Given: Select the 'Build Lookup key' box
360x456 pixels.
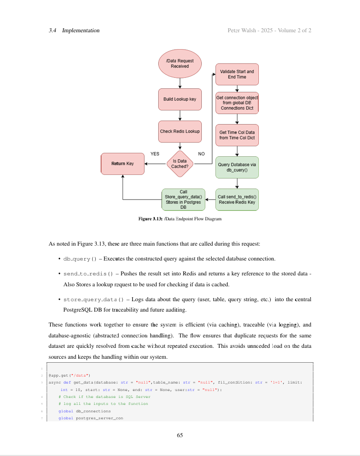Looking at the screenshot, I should pos(180,99).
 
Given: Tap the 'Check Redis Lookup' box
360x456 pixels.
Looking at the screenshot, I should pos(180,131).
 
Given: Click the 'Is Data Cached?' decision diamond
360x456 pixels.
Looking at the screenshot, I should pos(180,164).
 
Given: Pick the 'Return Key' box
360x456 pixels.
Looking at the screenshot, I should pos(122,164).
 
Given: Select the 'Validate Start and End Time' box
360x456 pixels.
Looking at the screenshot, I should pos(237,74).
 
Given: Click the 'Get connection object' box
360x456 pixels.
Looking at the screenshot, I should pos(237,103).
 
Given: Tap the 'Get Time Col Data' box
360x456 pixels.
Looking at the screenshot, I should pos(237,135).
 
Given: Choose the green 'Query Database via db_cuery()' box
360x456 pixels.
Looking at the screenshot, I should pos(237,167).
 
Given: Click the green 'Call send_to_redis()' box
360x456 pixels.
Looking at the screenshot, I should pos(237,199).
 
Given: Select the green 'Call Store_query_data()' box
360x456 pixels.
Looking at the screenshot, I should pos(183,199).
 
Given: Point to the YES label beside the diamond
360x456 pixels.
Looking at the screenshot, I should pos(155,154).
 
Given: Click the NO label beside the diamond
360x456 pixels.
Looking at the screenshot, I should pos(201,154).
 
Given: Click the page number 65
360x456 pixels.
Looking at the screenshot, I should pos(180,435).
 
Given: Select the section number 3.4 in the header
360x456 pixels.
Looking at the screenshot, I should pos(52,31).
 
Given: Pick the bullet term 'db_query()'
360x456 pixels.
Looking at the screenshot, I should pos(80,259).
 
